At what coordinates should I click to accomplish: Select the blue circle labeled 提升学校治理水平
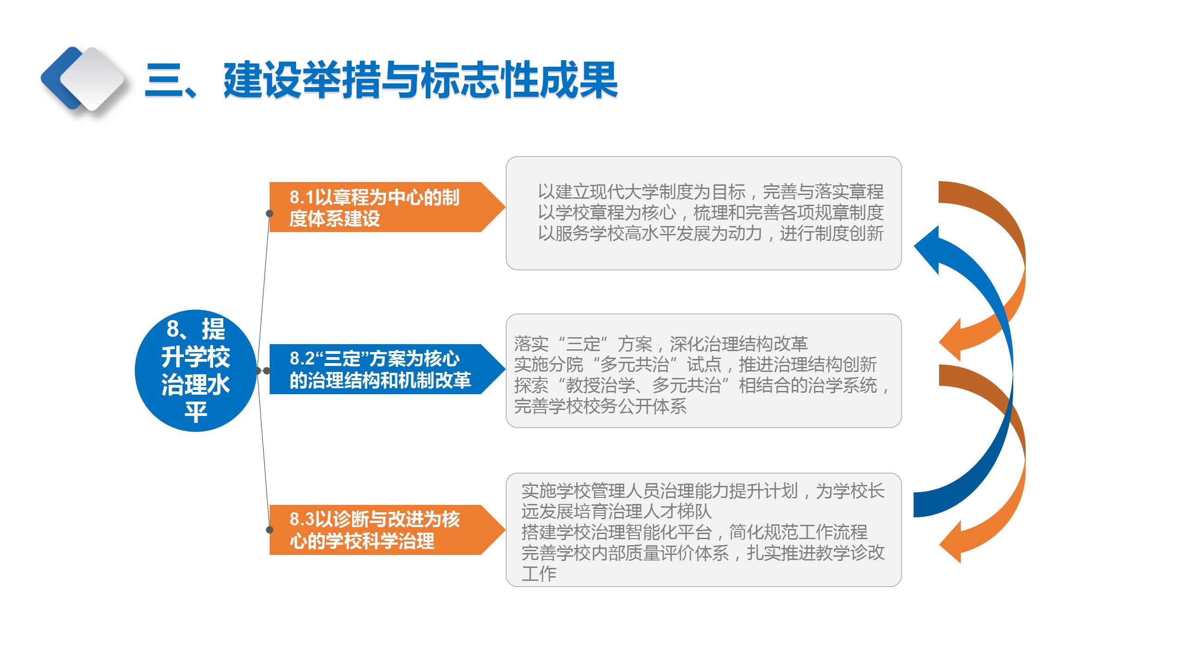196,371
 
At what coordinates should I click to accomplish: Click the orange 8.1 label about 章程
375,207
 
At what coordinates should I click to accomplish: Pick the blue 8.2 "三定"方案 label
380,369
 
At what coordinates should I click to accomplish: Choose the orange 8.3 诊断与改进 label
375,530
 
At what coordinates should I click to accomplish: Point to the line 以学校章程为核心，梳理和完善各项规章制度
711,213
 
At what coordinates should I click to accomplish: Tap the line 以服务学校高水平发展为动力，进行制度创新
711,233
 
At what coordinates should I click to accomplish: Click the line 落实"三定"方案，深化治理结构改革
661,344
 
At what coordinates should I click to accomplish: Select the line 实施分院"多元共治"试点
695,365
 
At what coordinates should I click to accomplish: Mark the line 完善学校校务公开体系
600,406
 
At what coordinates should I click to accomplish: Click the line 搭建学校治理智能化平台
694,532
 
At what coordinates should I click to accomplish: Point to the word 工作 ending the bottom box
539,574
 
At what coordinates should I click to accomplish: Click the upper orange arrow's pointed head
950,341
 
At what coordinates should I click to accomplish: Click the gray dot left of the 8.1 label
269,214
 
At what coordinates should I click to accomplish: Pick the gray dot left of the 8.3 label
269,530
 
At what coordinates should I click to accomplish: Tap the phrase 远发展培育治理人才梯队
616,511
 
